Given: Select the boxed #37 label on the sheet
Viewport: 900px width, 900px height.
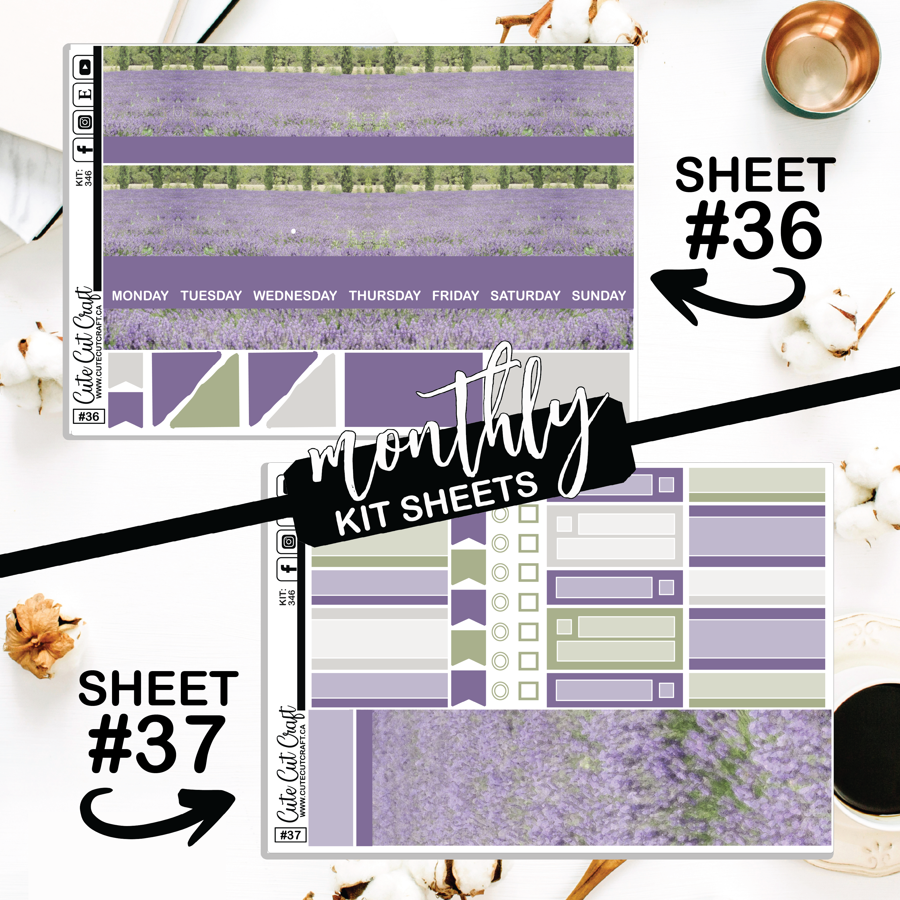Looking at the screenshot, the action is coord(291,835).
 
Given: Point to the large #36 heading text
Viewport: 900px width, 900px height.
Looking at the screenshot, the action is coord(754,231).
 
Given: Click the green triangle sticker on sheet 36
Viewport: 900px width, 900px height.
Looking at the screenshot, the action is coord(210,396).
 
